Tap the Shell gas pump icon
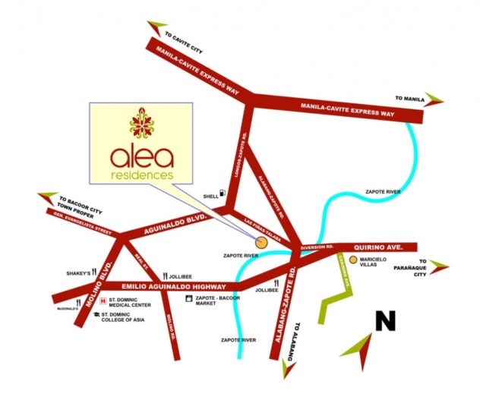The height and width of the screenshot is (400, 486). tap(222, 194)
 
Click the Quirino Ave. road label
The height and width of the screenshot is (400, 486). tap(387, 247)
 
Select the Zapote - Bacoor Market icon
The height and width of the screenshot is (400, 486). tap(188, 300)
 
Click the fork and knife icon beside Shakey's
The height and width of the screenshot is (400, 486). tap(96, 272)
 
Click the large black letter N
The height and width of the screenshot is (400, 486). tap(385, 321)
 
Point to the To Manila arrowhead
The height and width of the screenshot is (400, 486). tap(435, 99)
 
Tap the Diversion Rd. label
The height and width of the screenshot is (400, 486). tap(317, 248)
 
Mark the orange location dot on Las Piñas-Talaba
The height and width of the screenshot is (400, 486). tap(261, 243)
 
